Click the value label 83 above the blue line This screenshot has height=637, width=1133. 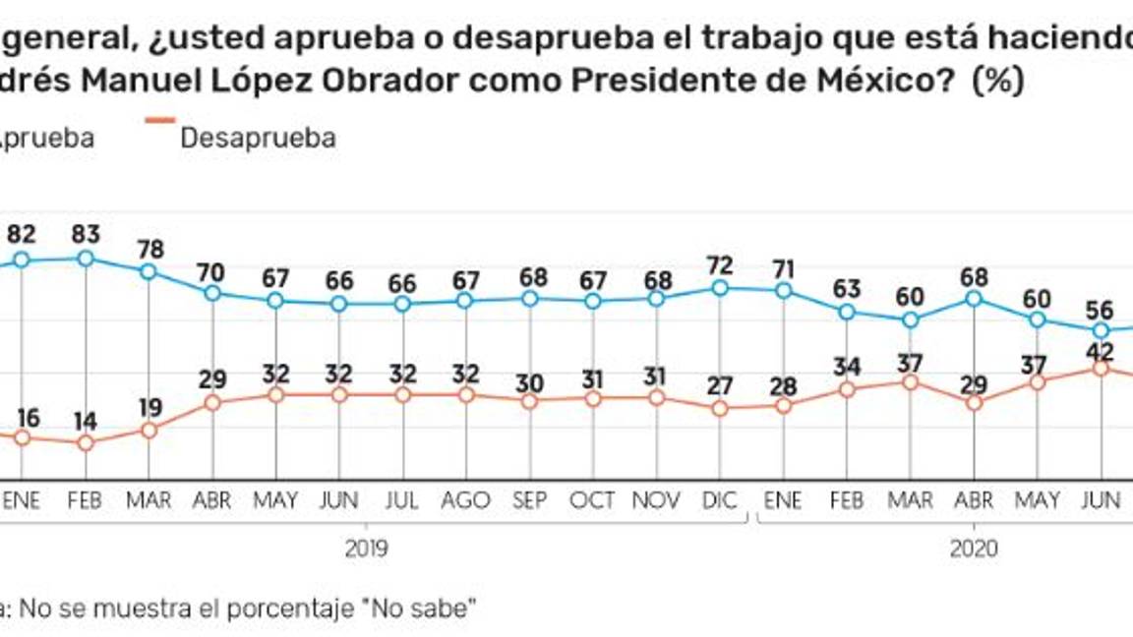(87, 235)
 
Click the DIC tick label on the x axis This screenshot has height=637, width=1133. (721, 500)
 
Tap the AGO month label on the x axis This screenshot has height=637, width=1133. (466, 500)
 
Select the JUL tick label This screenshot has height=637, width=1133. (402, 500)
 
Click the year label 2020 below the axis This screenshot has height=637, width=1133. (974, 548)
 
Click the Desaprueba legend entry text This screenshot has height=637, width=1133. (258, 138)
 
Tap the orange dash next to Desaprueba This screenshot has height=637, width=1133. (160, 120)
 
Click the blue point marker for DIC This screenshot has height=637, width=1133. (721, 288)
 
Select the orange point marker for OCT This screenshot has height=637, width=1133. (593, 398)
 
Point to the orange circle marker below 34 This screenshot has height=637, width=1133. (847, 390)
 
